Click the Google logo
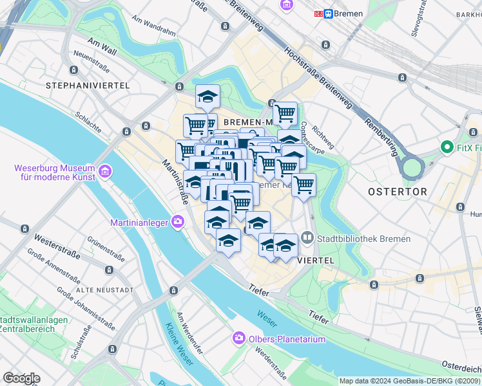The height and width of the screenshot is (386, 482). (x=21, y=378)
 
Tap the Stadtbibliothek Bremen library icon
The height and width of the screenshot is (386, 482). (x=307, y=239)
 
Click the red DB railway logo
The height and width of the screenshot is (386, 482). (x=318, y=14)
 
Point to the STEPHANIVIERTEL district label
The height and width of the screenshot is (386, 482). (x=88, y=86)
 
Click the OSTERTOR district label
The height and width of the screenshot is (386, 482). (x=397, y=192)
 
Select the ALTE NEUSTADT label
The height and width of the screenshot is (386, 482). (x=104, y=290)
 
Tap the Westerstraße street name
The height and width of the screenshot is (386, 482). (x=57, y=246)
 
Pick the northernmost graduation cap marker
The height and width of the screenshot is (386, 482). (x=207, y=97)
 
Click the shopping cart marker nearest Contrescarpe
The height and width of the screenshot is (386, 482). (x=285, y=114)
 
